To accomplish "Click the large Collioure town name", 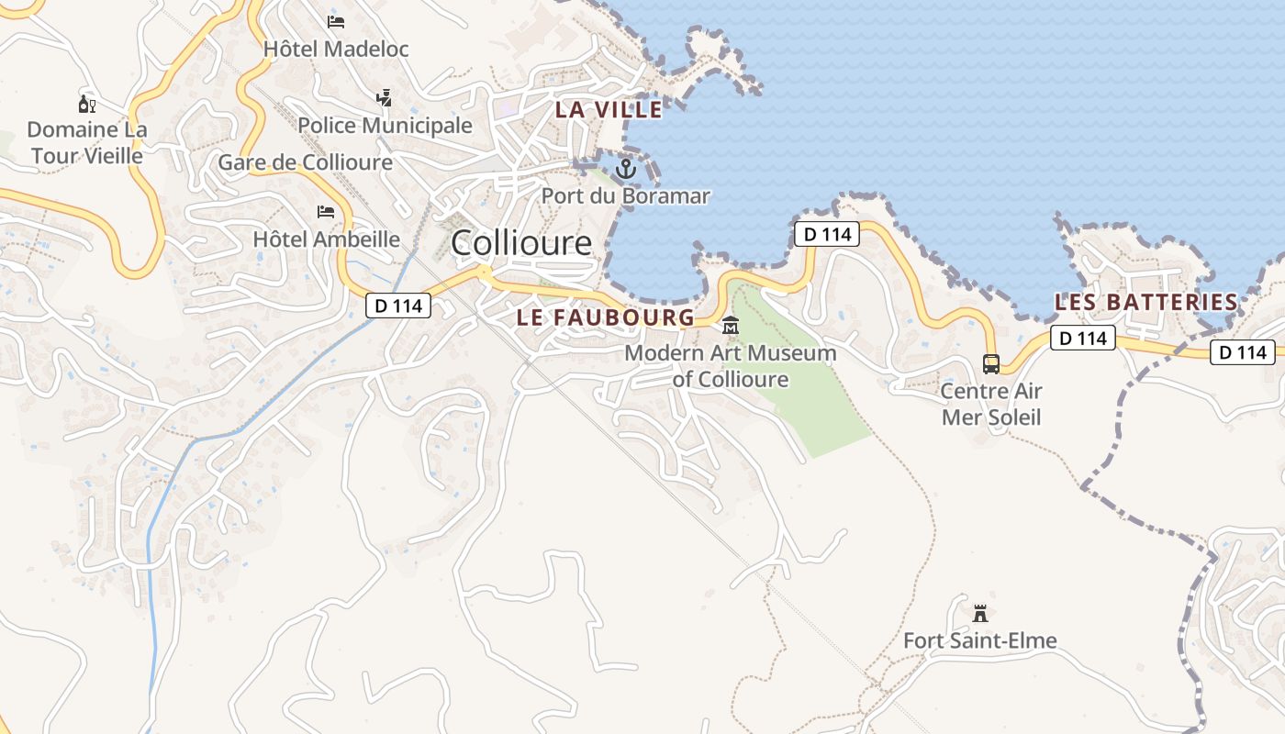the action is coord(521,243).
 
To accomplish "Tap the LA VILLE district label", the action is coord(609,110).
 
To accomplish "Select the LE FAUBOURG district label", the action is coord(606,317).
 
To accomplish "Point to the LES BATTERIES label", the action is coord(1146,302).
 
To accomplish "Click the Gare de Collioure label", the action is coord(305,163).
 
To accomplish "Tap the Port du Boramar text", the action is coord(625,195).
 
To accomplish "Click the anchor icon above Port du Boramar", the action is coord(626,169).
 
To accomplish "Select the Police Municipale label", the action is coord(385,126).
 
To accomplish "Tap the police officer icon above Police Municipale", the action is coord(384,96).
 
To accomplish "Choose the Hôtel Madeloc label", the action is coord(336,49).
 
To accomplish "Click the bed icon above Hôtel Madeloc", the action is coord(336,20).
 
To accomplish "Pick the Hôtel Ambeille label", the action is coord(326,239).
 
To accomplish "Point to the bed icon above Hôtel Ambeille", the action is coord(326,212).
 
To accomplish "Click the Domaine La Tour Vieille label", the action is coord(87,142).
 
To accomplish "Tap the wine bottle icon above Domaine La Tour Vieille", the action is coord(87,103).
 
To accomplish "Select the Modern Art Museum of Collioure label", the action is coord(731,365).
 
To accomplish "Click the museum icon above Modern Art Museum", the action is coord(731,326).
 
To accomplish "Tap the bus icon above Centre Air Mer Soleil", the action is coord(991,364).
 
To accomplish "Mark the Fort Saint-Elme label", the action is coord(980,640).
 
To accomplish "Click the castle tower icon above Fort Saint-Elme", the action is coord(980,612).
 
